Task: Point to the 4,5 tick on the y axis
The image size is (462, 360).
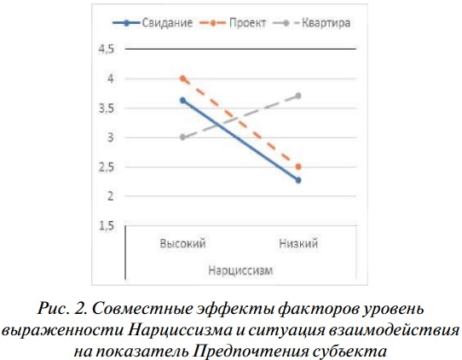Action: tap(106, 49)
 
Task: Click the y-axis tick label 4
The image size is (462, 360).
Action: tap(111, 78)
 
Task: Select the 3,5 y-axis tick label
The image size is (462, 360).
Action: tap(106, 108)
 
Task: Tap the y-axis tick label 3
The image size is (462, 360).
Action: tap(111, 137)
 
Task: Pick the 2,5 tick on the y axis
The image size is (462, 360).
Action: tap(106, 167)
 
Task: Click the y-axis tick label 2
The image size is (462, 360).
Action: tap(111, 195)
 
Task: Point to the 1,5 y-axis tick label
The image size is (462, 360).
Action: tap(106, 226)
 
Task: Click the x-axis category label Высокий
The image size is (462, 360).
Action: tap(182, 243)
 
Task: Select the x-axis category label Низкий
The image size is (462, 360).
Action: tap(298, 243)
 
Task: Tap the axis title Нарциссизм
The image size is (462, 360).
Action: tap(240, 270)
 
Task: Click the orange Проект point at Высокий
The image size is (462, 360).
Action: tap(183, 78)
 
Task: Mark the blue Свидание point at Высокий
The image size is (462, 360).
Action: tap(183, 101)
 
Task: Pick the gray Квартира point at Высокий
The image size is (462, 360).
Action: tap(183, 137)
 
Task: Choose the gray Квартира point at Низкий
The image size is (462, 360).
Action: tap(298, 96)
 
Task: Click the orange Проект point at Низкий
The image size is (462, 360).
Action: tap(298, 167)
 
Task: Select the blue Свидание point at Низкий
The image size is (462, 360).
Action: tap(298, 180)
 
